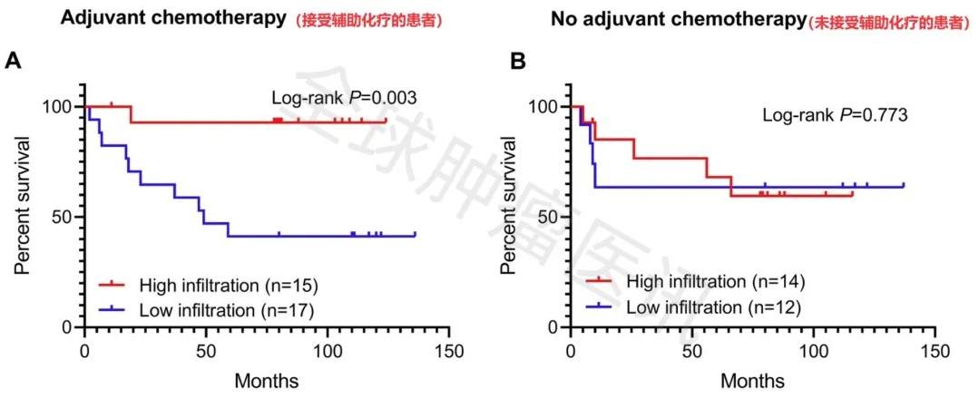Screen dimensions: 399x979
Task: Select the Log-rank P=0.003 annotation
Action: click(344, 98)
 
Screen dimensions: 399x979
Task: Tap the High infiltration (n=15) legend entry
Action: click(227, 286)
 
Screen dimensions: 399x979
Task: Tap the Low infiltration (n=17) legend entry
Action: click(227, 309)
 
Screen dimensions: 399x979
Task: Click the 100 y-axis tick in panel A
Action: click(60, 107)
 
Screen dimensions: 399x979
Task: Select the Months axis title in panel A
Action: click(266, 381)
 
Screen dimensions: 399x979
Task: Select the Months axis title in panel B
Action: click(751, 381)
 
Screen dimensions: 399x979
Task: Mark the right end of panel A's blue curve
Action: click(415, 235)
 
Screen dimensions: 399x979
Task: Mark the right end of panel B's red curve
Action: click(852, 193)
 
